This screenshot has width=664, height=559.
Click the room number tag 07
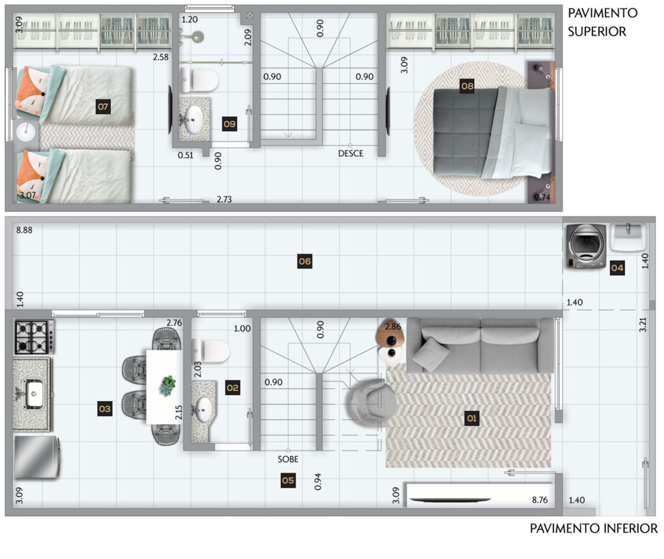coord(103,106)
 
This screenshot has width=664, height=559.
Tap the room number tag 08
coord(467,86)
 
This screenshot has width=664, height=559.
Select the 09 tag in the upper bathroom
coord(229,124)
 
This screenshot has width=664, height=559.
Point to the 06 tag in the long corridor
coord(305,261)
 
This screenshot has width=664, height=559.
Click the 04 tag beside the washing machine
coord(617,268)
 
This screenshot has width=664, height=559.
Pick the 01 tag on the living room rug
coord(472,418)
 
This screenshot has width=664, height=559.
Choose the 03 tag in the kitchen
coord(104,409)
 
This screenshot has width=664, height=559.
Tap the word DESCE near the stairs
coord(351,153)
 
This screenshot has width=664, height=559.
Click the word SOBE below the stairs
coord(288,459)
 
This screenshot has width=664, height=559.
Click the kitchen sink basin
coord(34,394)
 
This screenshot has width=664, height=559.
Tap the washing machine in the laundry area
coord(586,246)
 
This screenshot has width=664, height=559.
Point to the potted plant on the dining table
coord(168,385)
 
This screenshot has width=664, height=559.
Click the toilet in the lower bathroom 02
coord(211,351)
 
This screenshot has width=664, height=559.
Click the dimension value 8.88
coord(24,230)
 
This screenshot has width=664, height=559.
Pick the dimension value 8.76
coord(540,500)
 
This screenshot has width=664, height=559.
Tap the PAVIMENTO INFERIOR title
coord(594,529)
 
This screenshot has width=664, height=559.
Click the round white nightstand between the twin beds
coord(26,132)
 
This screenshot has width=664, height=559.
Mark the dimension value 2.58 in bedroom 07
coord(161,57)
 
